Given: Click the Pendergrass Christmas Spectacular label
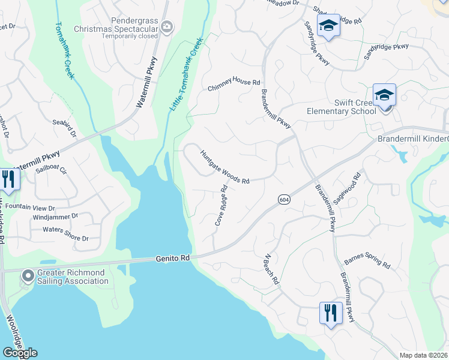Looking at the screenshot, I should (116, 28).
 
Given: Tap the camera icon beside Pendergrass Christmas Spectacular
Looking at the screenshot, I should (166, 26).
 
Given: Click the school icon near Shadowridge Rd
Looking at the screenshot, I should (328, 26).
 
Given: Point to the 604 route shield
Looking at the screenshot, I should (283, 199).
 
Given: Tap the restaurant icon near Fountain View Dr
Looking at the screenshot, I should (8, 179).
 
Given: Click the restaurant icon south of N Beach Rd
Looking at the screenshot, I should (330, 313).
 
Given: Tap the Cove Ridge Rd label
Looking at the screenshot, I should (221, 205).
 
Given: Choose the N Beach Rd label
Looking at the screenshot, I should (272, 268).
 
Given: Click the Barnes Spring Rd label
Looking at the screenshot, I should (367, 263).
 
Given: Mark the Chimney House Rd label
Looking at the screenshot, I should (234, 85).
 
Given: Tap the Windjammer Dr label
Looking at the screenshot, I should (56, 215).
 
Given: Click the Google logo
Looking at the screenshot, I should (20, 352).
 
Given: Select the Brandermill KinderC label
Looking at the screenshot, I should (412, 139).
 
